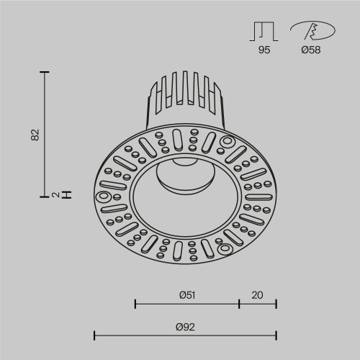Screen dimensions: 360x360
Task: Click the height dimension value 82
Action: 36,135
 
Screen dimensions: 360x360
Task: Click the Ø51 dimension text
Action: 186,294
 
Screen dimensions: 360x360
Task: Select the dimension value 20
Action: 258,294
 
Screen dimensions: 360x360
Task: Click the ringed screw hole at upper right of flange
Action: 228,141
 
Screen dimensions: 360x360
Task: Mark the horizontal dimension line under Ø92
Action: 186,335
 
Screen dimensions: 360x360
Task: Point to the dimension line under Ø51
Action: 187,303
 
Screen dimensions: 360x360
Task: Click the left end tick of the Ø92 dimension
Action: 95,335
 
